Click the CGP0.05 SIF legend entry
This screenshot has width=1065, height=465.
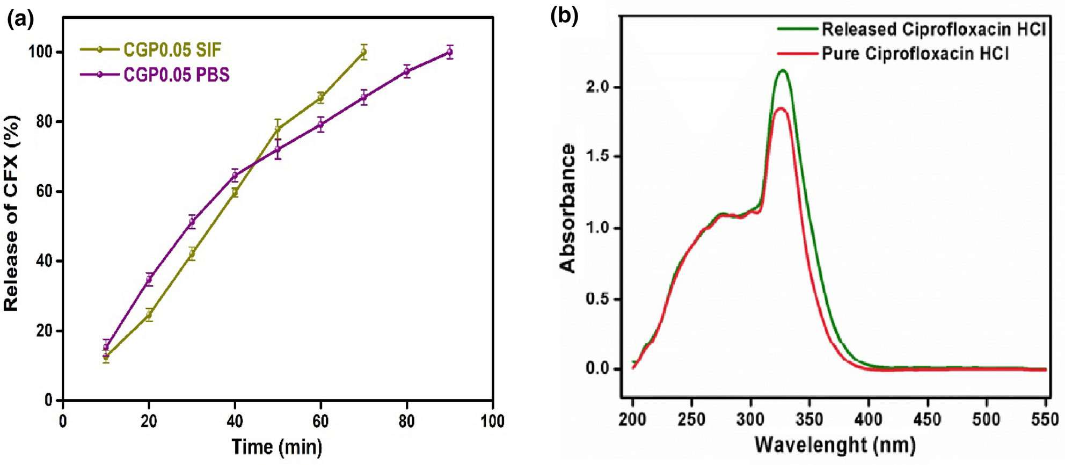coord(172,50)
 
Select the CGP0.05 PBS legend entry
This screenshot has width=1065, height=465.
coord(176,74)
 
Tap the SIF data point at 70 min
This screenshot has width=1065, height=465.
coord(364,52)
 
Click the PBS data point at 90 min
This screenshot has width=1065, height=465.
coord(450,52)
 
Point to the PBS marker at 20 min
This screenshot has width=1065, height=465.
coord(149,279)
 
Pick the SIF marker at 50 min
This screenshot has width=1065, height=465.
coord(278,128)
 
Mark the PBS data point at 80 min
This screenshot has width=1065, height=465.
coord(407,71)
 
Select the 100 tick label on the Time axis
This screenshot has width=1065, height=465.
coord(492,421)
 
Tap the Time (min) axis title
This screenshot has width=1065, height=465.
coord(277,447)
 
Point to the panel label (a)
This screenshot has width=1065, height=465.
coord(20,19)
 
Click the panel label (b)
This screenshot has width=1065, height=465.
coord(564,16)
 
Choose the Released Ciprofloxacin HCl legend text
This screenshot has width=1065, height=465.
coord(933,28)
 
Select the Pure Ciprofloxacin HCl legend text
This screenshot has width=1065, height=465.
coord(915,54)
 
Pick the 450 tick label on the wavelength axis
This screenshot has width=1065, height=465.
coord(927,419)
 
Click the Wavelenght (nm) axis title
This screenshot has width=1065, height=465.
coord(835,445)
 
